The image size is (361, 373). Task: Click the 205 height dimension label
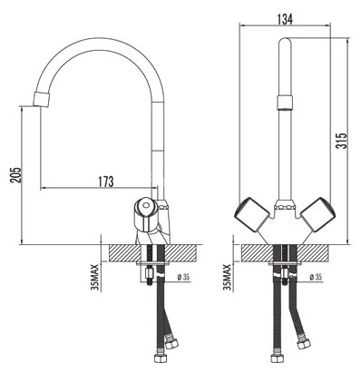(x=13, y=172)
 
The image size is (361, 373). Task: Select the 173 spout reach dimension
(x=104, y=182)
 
